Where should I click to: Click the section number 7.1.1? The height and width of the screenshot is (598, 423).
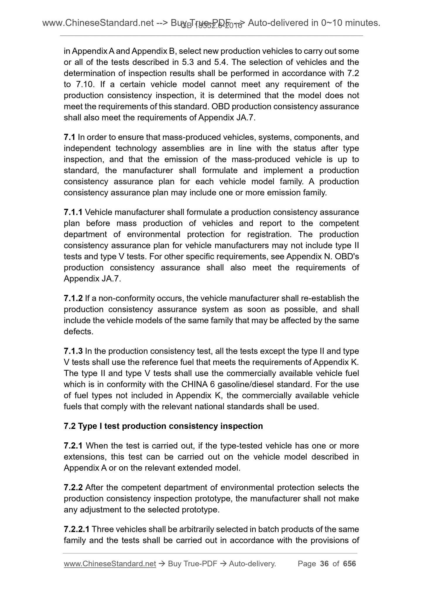click(73, 212)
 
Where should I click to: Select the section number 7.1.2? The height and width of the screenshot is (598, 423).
click(73, 298)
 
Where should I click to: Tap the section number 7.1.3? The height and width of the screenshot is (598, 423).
click(73, 351)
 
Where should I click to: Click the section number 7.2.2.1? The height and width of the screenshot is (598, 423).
click(77, 529)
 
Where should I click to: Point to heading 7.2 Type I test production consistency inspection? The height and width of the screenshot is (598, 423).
click(163, 426)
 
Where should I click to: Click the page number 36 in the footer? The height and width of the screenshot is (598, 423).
click(324, 563)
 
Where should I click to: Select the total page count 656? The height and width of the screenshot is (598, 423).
click(349, 563)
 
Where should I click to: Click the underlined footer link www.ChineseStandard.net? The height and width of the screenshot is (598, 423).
click(109, 563)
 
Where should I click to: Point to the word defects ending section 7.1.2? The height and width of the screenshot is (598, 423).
click(77, 331)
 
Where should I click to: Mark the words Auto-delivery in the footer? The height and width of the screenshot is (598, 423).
click(252, 563)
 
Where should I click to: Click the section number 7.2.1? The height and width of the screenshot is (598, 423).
click(73, 446)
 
